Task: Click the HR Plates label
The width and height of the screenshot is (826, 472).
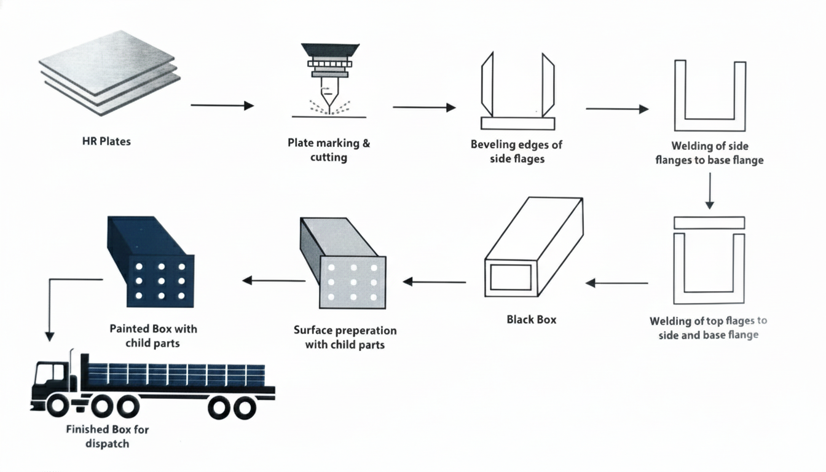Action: coord(106,141)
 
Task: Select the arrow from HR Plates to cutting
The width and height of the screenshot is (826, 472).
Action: coord(222,106)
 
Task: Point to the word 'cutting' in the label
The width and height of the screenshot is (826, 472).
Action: coord(329,158)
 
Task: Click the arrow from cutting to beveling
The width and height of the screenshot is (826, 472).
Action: coord(424,108)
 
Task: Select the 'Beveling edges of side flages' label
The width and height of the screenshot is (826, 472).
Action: coord(516,152)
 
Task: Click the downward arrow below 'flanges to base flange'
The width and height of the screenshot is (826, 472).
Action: coord(710,191)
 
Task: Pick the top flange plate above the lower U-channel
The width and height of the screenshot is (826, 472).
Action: coord(709,222)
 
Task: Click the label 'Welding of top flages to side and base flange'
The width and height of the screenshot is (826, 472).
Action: coord(708,328)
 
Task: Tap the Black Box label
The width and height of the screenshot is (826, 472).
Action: coord(532,320)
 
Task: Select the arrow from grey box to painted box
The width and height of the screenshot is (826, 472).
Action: coord(273,281)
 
